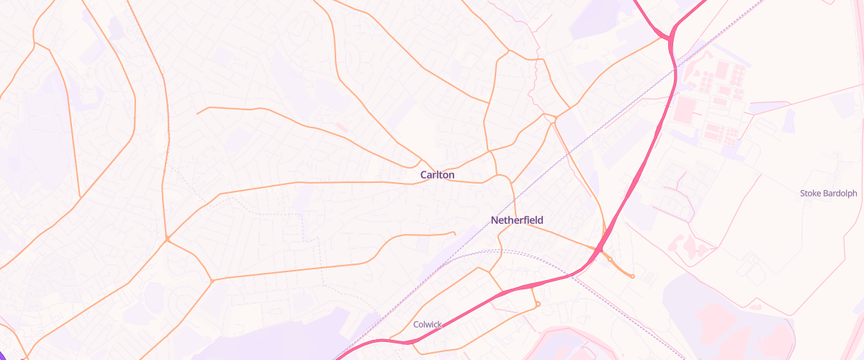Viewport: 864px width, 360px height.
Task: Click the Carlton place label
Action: pyautogui.click(x=437, y=175)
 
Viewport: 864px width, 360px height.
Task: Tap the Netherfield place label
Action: pyautogui.click(x=517, y=220)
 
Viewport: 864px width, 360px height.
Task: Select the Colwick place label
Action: pyautogui.click(x=427, y=325)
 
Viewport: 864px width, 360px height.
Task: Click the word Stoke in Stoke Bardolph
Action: pyautogui.click(x=811, y=193)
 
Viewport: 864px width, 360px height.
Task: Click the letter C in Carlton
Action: pyautogui.click(x=424, y=175)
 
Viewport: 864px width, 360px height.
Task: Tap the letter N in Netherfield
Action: pyautogui.click(x=494, y=220)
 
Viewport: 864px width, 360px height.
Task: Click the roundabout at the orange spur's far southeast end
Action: pyautogui.click(x=632, y=276)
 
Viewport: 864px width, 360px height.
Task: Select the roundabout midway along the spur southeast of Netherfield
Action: pyautogui.click(x=609, y=258)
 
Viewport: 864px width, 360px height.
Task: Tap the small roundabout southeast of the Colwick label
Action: pyautogui.click(x=538, y=304)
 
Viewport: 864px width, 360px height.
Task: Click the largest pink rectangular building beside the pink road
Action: pyautogui.click(x=687, y=109)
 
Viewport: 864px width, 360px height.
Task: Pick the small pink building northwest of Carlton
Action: pyautogui.click(x=341, y=127)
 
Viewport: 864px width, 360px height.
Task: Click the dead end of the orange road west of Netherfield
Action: pyautogui.click(x=454, y=233)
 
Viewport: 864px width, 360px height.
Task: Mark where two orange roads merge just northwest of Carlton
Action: pyautogui.click(x=421, y=160)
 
